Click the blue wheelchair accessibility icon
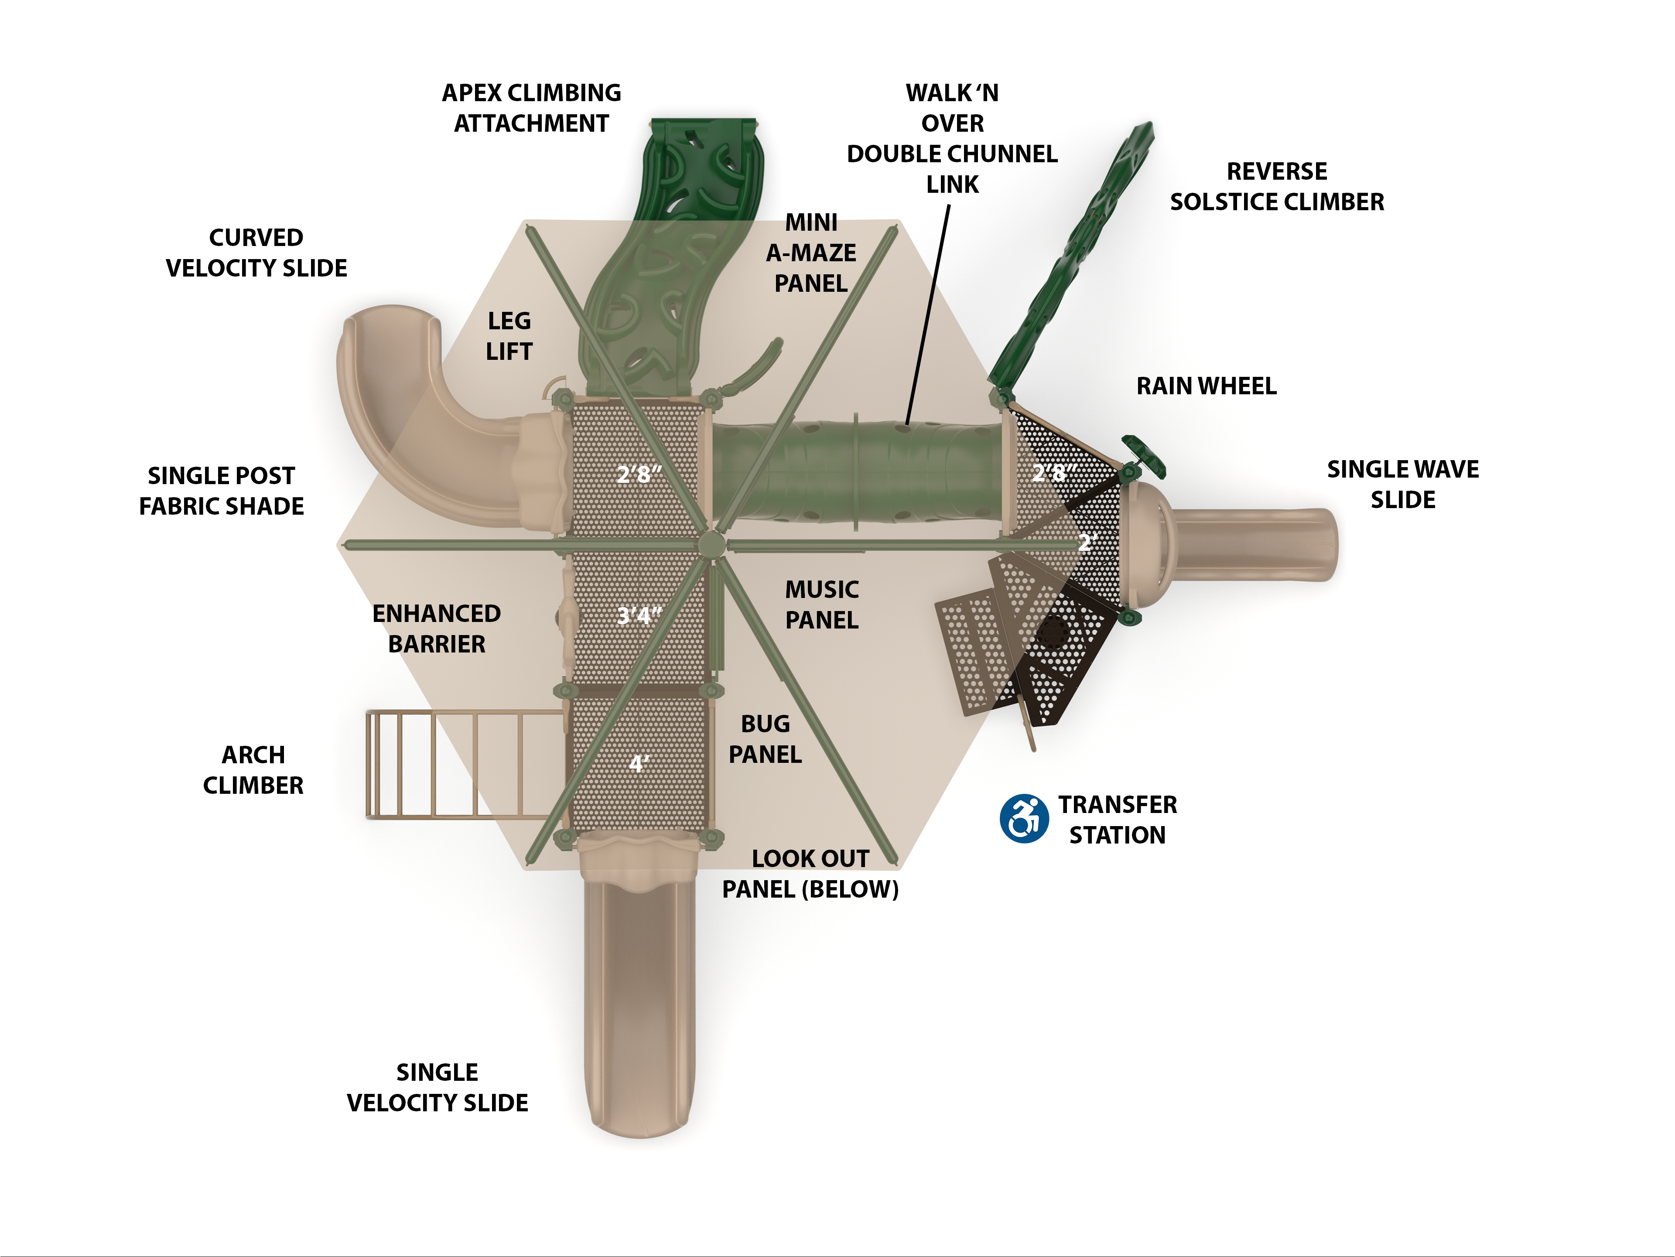1024,819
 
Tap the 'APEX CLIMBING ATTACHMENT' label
532,108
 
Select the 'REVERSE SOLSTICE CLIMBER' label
1277,186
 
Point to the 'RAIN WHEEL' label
1206,386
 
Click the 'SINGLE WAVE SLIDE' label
1402,485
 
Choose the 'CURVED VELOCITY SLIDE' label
256,253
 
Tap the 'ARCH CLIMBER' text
253,770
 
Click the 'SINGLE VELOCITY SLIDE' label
438,1087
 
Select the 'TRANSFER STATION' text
1117,820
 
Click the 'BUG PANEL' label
765,739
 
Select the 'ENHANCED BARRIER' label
437,628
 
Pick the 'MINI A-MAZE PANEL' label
811,253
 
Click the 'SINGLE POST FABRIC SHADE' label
221,491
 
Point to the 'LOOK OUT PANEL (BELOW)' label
810,874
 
